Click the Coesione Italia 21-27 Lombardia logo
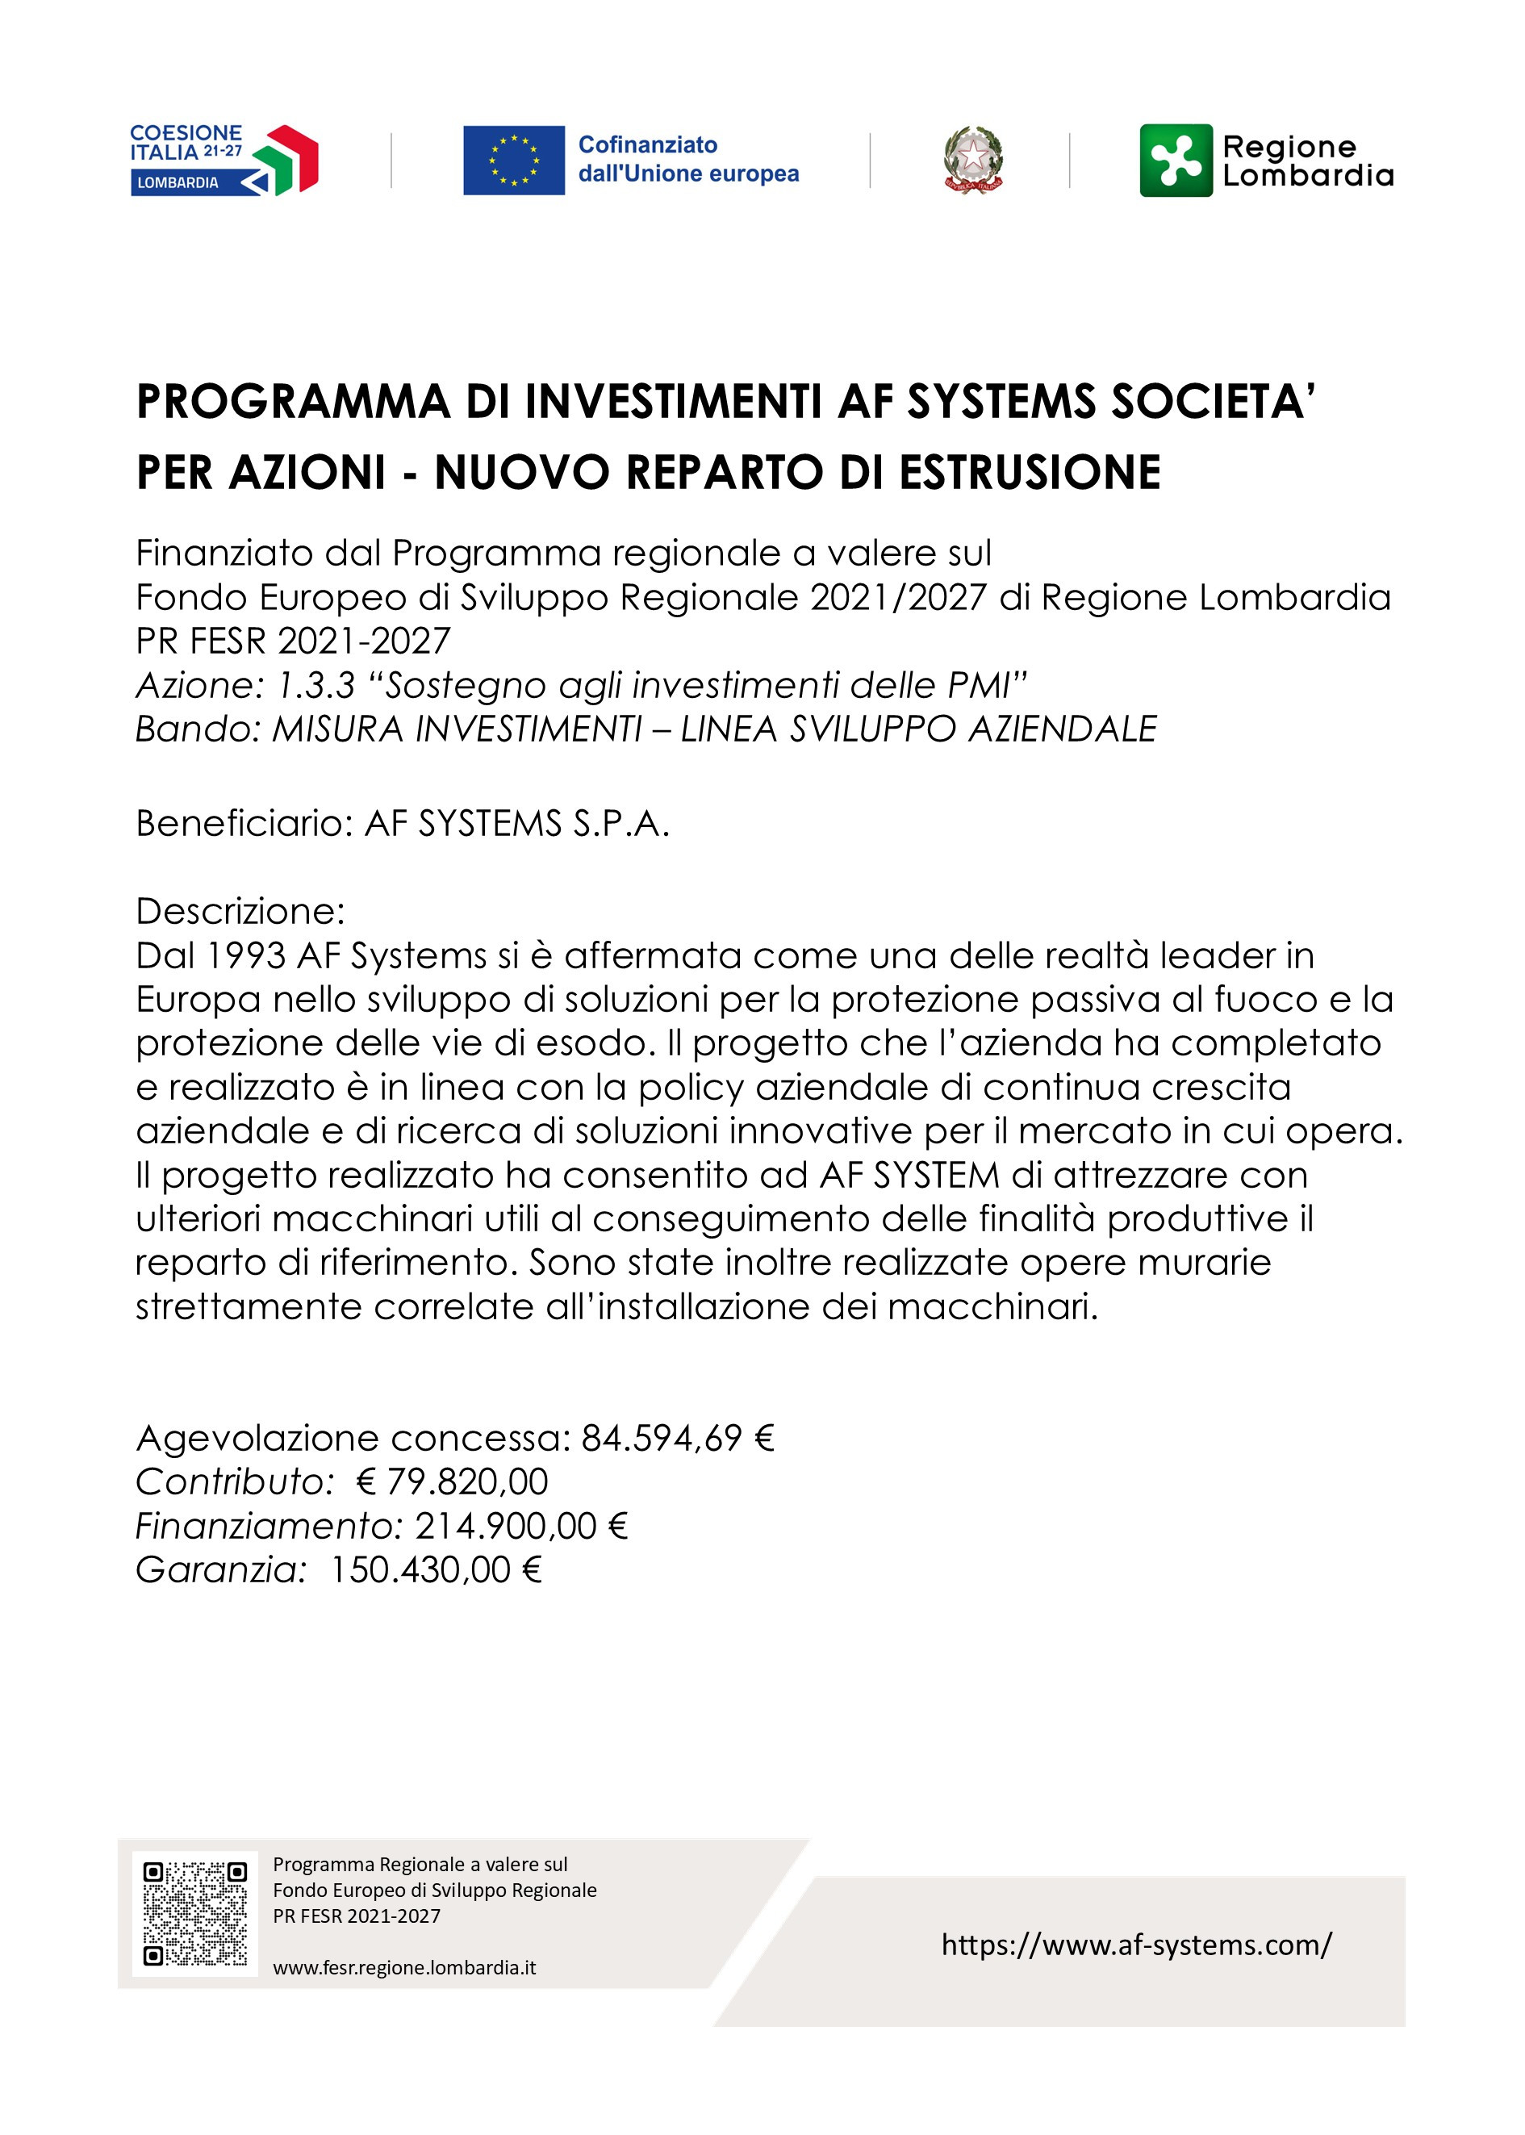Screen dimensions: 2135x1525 [x=224, y=160]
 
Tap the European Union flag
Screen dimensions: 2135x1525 [x=514, y=160]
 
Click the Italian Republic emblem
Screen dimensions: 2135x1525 [x=972, y=161]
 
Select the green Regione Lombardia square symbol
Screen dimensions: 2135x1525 [x=1176, y=161]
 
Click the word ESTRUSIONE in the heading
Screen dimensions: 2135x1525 [x=1030, y=472]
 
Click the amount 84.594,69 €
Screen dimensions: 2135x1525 [x=677, y=1437]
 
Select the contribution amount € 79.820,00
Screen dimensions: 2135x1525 [x=453, y=1481]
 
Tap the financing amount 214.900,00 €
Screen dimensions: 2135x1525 [x=521, y=1526]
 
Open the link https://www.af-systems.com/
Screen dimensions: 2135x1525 [x=1136, y=1945]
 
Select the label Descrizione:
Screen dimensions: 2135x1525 [x=240, y=911]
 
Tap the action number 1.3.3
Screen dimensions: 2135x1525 [x=316, y=685]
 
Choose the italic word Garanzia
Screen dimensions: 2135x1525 [x=220, y=1570]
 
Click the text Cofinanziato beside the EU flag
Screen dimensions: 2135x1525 [x=647, y=144]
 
